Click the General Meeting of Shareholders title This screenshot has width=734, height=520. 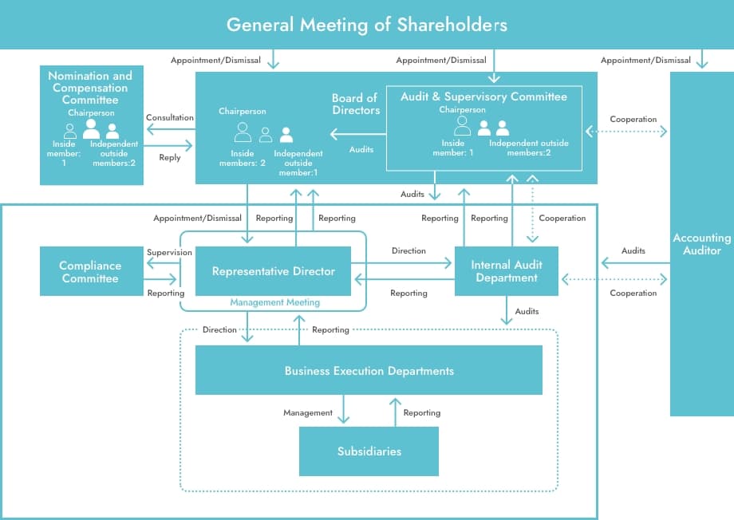[x=366, y=25]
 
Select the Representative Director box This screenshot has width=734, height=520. [x=273, y=271]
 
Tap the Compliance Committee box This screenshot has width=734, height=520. [x=90, y=272]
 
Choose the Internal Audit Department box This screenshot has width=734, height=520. [x=506, y=271]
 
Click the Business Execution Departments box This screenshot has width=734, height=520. [x=369, y=371]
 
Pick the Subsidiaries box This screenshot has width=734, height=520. [x=369, y=451]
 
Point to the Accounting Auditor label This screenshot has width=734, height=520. [x=701, y=244]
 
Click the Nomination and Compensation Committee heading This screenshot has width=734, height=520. [x=90, y=88]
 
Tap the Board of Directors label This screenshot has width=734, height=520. [x=355, y=104]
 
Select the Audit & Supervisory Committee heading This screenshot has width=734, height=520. [x=483, y=97]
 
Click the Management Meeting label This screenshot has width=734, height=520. [x=274, y=303]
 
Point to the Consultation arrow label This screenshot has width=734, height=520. [x=169, y=118]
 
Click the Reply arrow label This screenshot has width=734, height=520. [x=169, y=158]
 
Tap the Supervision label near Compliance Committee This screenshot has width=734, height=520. [x=169, y=253]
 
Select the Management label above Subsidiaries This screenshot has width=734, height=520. [x=308, y=413]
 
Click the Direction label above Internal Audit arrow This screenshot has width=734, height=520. [x=408, y=251]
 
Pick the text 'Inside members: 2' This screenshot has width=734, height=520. [x=243, y=158]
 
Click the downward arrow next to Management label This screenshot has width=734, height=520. [x=344, y=411]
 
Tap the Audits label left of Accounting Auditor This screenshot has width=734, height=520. [x=633, y=251]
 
